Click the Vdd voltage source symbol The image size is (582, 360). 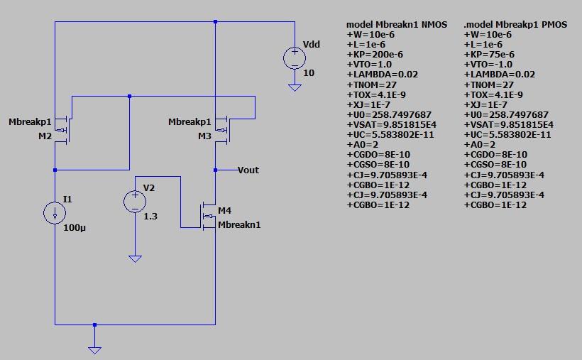[x=293, y=58]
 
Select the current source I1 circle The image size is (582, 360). [x=55, y=213]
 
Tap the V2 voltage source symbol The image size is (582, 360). [x=135, y=202]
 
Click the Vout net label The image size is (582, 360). [x=248, y=170]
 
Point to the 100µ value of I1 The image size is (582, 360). [x=75, y=229]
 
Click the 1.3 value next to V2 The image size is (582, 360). [x=150, y=216]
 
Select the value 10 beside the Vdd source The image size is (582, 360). [x=309, y=73]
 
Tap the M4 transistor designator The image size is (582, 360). [x=224, y=211]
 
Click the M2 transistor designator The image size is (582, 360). [x=45, y=136]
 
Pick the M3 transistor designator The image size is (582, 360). [x=204, y=136]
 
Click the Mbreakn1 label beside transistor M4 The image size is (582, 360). [x=239, y=224]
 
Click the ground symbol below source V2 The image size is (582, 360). [x=135, y=258]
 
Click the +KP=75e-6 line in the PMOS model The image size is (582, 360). [x=489, y=54]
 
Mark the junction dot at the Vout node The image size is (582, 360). [x=215, y=170]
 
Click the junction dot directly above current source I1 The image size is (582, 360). [x=55, y=170]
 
